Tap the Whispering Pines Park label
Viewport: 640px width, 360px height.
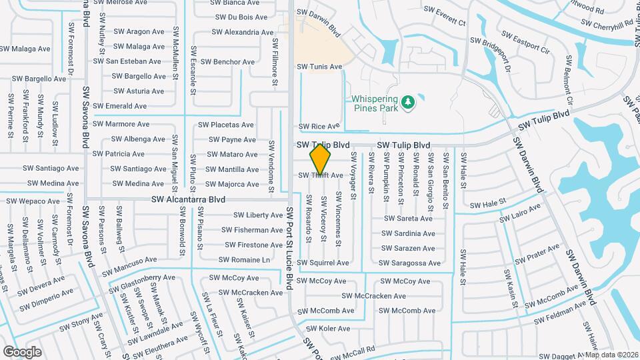point(374,103)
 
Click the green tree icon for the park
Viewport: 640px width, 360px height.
point(407,103)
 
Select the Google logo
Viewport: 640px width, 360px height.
point(22,351)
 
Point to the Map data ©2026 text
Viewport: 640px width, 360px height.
point(611,355)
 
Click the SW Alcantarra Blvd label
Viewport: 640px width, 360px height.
point(188,199)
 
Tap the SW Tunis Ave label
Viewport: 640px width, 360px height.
point(319,67)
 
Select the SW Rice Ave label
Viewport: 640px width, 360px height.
point(319,126)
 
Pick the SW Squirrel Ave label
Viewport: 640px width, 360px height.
point(323,263)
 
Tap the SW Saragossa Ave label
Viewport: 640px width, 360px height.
point(410,263)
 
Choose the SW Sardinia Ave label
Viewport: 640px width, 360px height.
point(408,233)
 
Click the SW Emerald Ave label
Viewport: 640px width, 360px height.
point(120,106)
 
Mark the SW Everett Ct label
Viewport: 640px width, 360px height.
point(443,21)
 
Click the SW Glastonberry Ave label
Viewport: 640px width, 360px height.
point(139,283)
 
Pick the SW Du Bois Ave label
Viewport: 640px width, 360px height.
point(238,17)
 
